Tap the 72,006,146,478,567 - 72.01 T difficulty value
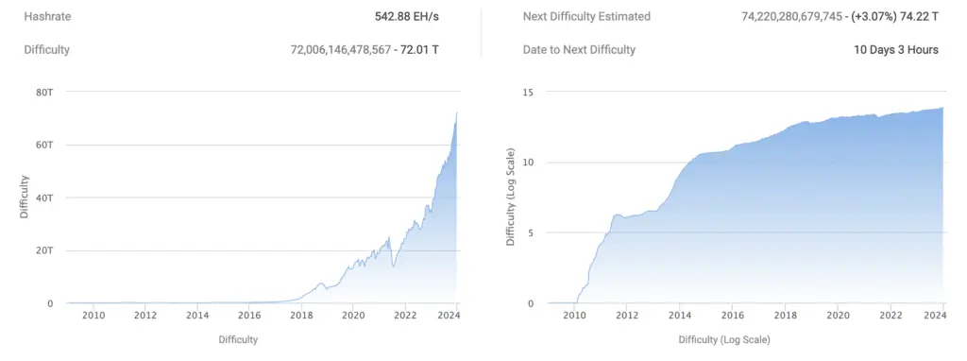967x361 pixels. [x=365, y=49]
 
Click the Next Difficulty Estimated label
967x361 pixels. [x=585, y=17]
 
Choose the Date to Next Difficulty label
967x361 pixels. [x=579, y=49]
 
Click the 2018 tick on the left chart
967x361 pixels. [x=301, y=317]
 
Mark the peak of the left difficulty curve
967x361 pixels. [x=457, y=112]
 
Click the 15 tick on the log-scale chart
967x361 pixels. [x=528, y=92]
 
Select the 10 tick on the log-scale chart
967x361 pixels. [x=528, y=162]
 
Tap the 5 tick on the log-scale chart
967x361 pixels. [x=532, y=232]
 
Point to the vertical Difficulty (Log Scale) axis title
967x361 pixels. [x=511, y=197]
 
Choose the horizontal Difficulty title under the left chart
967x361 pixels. [x=238, y=338]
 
